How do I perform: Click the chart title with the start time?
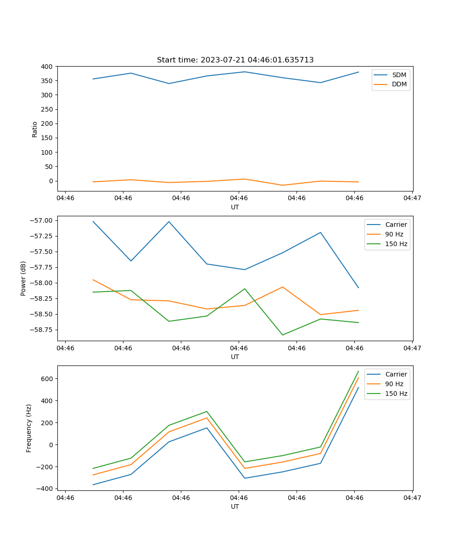click(235, 60)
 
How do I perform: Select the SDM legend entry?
click(399, 75)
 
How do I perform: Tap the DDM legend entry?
click(399, 84)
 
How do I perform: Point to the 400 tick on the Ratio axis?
click(47, 67)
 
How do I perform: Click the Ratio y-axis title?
click(35, 129)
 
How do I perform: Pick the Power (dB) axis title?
click(23, 278)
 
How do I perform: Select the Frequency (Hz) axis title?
click(29, 428)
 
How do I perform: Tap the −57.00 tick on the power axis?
click(43, 220)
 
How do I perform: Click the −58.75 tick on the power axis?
click(43, 330)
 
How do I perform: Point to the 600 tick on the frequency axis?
click(49, 379)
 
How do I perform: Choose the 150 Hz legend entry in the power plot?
click(396, 244)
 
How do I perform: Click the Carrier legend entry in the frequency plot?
click(396, 374)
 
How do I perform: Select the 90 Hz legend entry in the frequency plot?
click(394, 384)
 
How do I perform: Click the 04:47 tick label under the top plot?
click(412, 198)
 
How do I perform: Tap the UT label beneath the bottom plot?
click(235, 506)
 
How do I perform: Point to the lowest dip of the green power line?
click(283, 335)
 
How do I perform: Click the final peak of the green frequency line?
click(358, 371)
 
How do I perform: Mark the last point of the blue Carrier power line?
click(358, 288)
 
